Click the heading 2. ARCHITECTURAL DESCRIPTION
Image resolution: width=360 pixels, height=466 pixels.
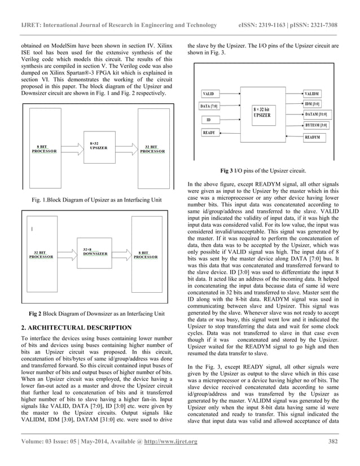[x=76, y=327]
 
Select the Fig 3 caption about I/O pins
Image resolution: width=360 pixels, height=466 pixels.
[x=263, y=170]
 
